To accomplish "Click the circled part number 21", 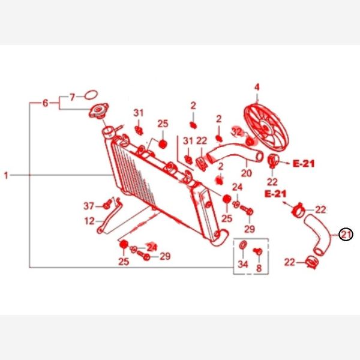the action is pos(346,235).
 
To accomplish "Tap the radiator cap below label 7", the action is pos(99,110).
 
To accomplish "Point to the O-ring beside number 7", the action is pos(91,95).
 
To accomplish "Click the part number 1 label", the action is pos(6,176).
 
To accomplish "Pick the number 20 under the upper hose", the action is pos(247,173).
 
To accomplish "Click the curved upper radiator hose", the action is pos(235,154).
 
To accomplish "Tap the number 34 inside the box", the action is pos(243,264).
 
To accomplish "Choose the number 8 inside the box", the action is pos(259,268).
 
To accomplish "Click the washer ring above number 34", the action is pos(242,245).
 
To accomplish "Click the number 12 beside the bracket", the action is pos(89,221).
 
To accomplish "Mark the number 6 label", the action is pos(45,103).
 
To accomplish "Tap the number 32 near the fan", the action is pos(236,132).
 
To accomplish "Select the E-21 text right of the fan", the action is pos(304,164).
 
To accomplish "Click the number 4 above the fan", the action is pos(257,87).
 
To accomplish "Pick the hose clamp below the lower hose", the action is pos(312,262).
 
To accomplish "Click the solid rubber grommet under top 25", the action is pos(163,144).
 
